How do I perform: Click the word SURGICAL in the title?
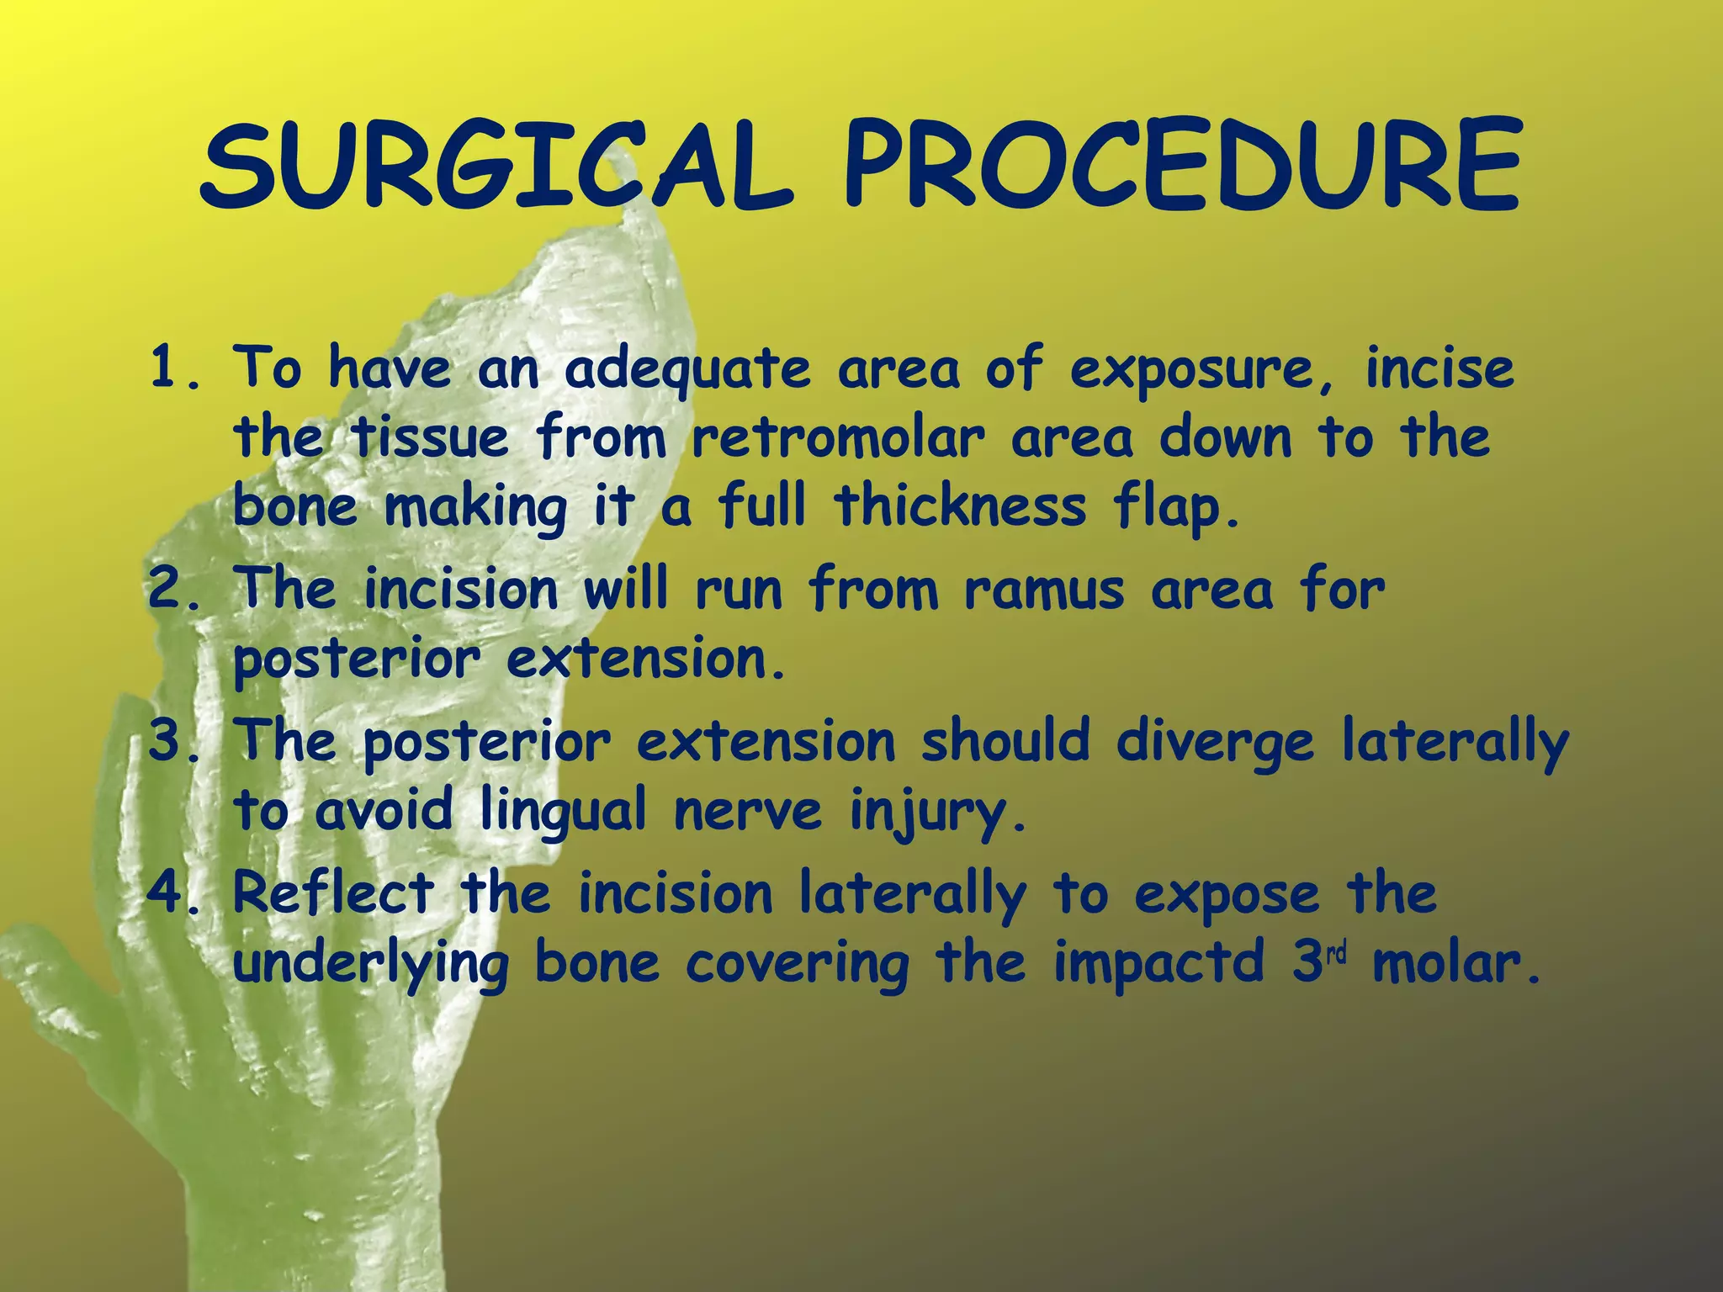coord(496,166)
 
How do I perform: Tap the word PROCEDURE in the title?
coord(1181,166)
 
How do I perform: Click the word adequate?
coord(687,370)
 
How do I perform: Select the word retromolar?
coord(837,438)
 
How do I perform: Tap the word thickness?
coord(960,506)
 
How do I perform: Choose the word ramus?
coord(1043,590)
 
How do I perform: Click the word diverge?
coord(1214,743)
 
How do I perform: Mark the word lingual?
coord(563,812)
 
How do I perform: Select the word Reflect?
coord(334,892)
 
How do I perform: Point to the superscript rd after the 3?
coord(1337,953)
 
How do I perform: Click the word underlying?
coord(370,963)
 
